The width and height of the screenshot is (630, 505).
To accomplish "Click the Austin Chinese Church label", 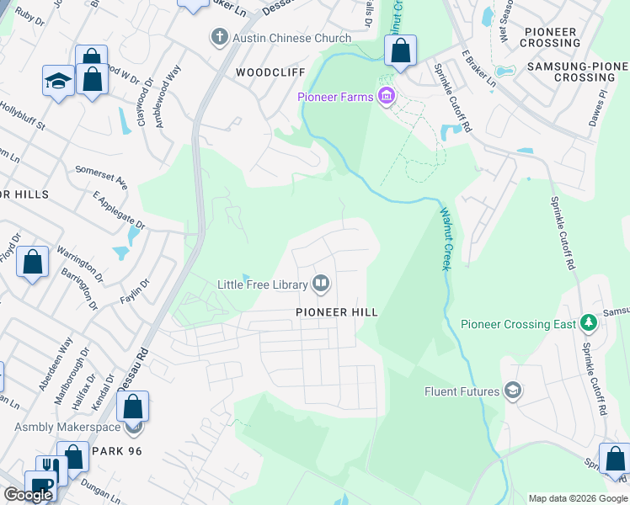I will [291, 38].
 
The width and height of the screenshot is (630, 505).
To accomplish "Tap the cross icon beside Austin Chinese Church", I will [219, 37].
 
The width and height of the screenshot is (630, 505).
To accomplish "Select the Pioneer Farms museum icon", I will [387, 97].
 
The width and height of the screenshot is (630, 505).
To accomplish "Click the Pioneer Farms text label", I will [335, 98].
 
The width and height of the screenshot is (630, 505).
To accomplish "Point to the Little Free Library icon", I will [321, 284].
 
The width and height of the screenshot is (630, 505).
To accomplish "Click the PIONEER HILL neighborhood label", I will [336, 311].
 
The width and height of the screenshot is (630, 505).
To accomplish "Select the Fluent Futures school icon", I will [511, 391].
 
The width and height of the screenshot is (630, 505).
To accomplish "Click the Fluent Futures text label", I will [462, 391].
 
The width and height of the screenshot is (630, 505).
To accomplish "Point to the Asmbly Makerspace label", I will [69, 427].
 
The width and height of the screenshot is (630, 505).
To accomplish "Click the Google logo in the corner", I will [28, 495].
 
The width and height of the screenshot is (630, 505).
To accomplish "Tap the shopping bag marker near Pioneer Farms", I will [401, 50].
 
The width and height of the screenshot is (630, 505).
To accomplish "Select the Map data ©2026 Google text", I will [578, 498].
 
